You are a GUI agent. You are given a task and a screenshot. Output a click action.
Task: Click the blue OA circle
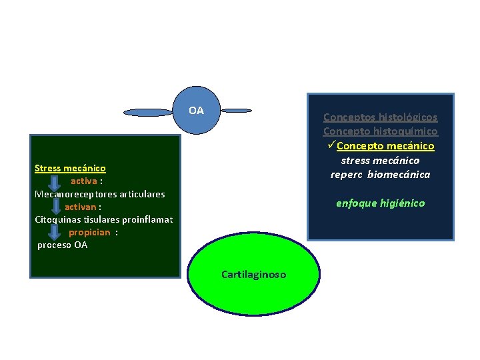[196, 111]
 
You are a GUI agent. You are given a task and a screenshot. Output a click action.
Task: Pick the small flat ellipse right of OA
[236, 110]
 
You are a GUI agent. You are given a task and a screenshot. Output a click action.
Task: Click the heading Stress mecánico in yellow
[70, 168]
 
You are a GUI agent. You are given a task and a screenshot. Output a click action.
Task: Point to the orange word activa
[84, 181]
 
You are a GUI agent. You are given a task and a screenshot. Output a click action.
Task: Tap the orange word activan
[80, 207]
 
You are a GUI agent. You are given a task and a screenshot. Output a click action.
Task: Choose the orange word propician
[89, 232]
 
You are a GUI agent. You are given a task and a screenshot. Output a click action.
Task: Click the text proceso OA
[62, 245]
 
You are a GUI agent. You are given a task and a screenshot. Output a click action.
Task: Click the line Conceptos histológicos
[380, 117]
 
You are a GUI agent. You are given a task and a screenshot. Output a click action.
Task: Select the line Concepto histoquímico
[380, 131]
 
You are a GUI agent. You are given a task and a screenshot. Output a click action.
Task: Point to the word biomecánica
[403, 175]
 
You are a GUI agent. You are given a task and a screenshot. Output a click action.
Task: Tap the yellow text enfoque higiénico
[380, 203]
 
